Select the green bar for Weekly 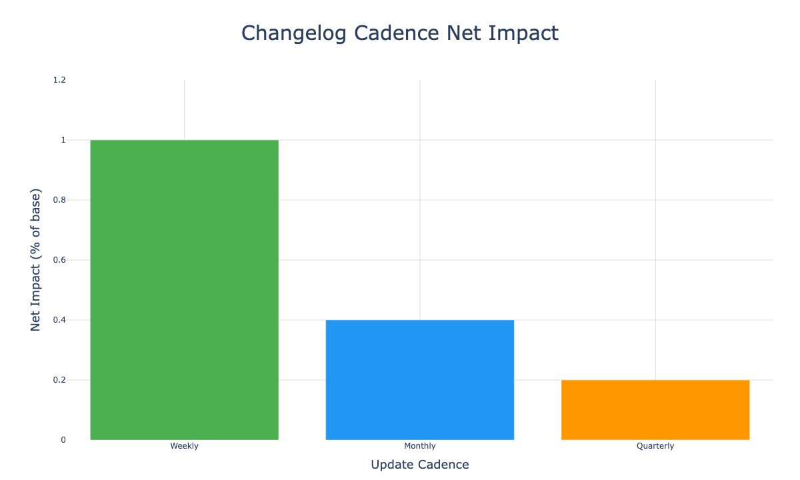[184, 290]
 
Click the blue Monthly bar [420, 380]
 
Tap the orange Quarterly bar [655, 410]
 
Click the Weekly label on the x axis [184, 446]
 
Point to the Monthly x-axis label [420, 446]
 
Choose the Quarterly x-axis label [655, 446]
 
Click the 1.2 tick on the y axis [60, 80]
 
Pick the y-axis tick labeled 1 [63, 140]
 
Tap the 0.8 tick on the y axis [60, 200]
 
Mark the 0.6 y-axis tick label [60, 260]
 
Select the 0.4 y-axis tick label [60, 320]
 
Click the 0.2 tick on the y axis [60, 380]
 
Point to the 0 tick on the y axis [63, 440]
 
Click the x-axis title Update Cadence [420, 465]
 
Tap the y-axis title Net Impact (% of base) [37, 260]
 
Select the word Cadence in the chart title [395, 33]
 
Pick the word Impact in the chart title [523, 33]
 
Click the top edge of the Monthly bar [420, 320]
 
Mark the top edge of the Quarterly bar [655, 380]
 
